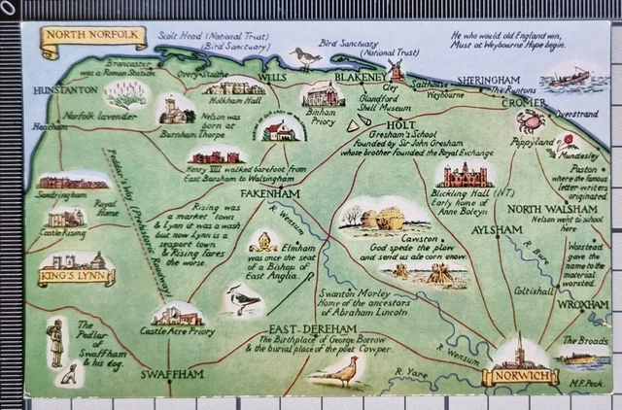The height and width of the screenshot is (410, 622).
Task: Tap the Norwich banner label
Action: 520,376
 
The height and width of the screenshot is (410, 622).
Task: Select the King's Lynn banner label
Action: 76,278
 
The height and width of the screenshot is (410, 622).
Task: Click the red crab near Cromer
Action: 531,121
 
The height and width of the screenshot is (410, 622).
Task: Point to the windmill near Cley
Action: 396,70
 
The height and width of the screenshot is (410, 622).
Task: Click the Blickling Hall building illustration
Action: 466,175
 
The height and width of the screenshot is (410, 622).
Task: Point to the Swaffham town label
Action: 172,374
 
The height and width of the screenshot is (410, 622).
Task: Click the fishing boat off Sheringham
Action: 569,77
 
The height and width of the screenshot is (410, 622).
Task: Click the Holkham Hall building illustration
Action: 233,88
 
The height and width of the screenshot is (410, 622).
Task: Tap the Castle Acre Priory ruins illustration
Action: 177,315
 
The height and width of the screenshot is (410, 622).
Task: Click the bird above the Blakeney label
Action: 308,59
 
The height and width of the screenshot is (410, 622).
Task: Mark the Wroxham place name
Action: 583,304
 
